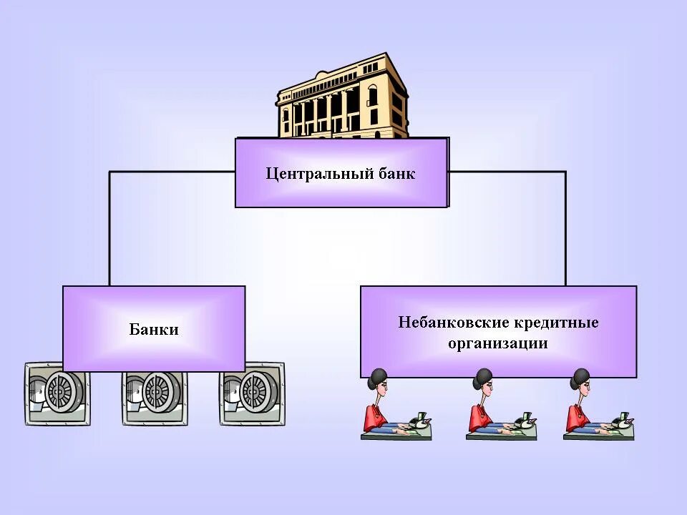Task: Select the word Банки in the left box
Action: pos(154,330)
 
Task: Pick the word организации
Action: pos(498,343)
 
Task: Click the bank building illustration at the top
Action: pos(342,97)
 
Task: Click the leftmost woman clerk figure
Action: pos(386,408)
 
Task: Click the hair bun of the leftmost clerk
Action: pos(377,376)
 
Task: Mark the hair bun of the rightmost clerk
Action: pos(580,376)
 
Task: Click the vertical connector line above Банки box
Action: pos(109,229)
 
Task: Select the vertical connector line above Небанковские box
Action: pos(565,229)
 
